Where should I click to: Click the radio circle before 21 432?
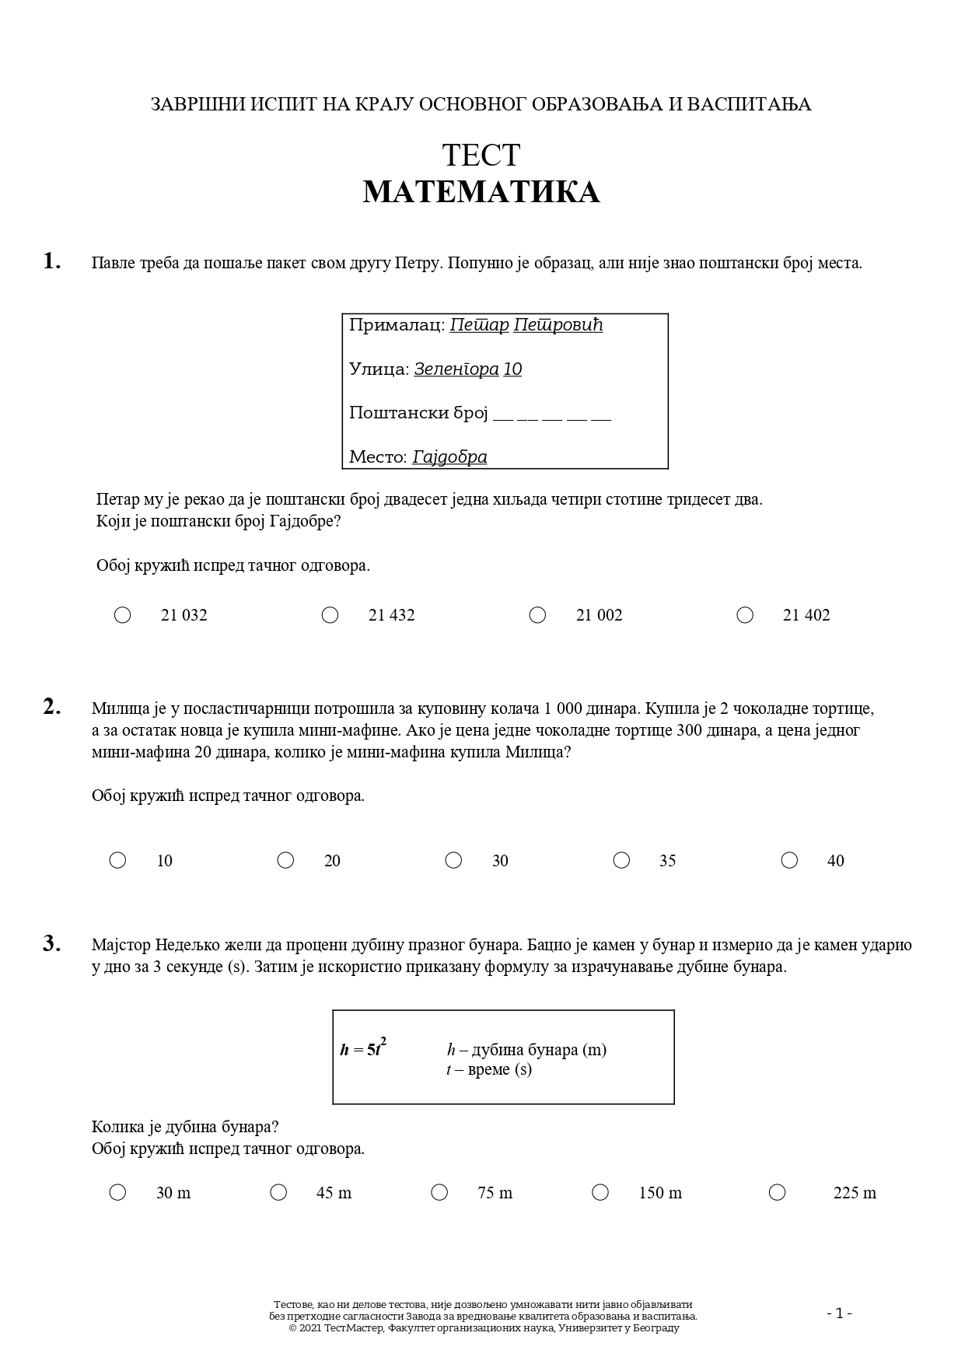point(330,615)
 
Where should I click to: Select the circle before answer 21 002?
point(537,615)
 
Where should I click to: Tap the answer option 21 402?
point(806,615)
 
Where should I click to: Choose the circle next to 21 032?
point(123,615)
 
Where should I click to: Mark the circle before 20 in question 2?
point(285,860)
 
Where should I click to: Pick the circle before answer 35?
point(621,860)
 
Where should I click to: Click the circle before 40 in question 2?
point(789,860)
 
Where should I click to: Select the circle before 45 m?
point(278,1192)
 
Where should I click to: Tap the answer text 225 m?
point(854,1193)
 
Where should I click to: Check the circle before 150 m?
point(600,1192)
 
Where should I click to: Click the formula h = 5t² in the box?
point(363,1048)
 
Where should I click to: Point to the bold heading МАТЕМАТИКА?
point(481,192)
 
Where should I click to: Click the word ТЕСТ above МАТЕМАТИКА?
point(481,155)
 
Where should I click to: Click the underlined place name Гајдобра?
point(449,457)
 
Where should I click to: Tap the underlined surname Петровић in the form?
point(558,325)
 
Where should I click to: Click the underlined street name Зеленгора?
point(456,369)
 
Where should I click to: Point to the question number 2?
point(51,707)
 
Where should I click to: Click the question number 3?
point(51,944)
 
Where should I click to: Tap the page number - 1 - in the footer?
point(839,1313)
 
